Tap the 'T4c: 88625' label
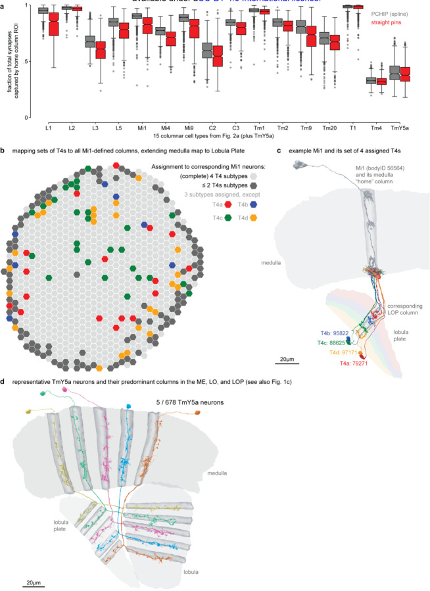point(327,343)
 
